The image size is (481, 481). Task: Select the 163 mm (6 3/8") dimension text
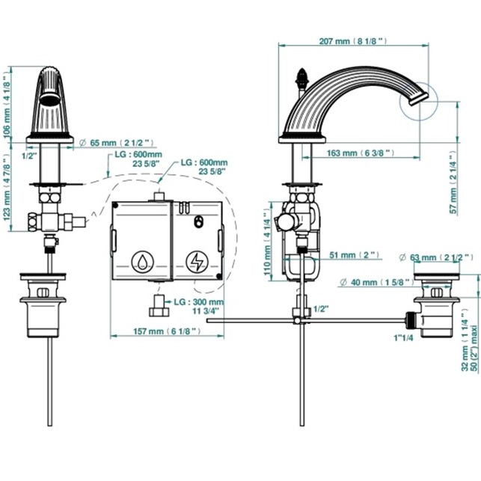(361, 153)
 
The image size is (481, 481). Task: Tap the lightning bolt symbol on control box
(197, 262)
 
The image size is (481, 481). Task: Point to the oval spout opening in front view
(49, 96)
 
